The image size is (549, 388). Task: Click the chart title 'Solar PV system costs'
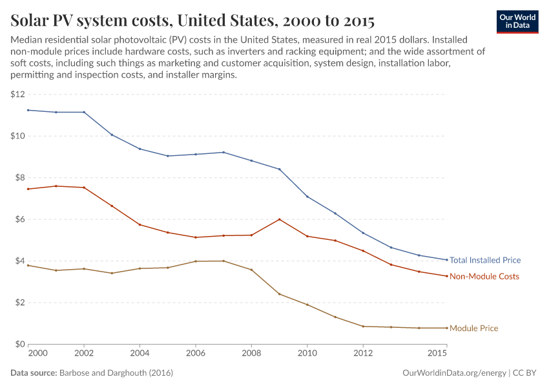click(192, 20)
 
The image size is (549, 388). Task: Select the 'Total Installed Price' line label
click(484, 260)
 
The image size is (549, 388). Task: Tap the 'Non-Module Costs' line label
click(484, 276)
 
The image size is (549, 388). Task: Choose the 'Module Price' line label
click(473, 328)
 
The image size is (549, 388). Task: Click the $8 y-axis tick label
click(19, 178)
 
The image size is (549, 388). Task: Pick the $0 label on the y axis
click(19, 344)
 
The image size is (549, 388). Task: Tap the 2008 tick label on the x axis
click(251, 354)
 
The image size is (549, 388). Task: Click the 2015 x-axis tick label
click(438, 354)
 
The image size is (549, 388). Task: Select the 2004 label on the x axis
click(140, 354)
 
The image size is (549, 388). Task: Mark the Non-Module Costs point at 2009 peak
click(279, 219)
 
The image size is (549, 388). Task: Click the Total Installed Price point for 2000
click(28, 110)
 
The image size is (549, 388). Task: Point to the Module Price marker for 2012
click(363, 326)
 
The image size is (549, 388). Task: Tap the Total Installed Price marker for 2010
click(307, 197)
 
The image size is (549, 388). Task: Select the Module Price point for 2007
click(223, 261)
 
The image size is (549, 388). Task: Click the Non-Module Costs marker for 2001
click(56, 186)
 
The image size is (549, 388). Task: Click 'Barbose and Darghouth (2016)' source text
click(116, 373)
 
